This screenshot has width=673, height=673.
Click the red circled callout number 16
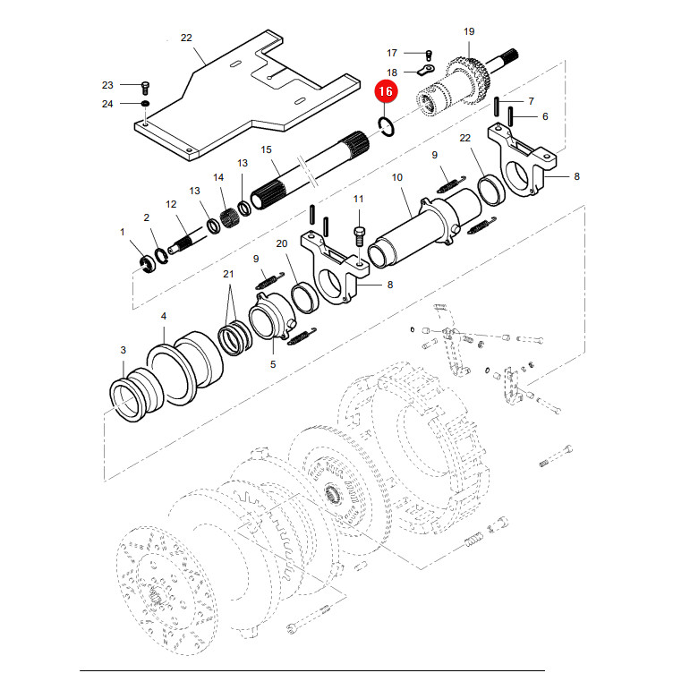tap(386, 91)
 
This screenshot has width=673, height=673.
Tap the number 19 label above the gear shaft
tap(469, 31)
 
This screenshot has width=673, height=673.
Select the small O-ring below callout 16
tap(387, 127)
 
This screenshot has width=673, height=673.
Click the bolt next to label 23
tap(145, 87)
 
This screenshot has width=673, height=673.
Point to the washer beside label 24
tap(146, 104)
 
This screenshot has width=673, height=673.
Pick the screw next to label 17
tap(429, 55)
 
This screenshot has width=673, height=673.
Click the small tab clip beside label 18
tap(425, 70)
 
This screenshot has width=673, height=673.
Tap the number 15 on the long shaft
tap(266, 149)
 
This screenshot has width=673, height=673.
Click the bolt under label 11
tap(359, 236)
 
